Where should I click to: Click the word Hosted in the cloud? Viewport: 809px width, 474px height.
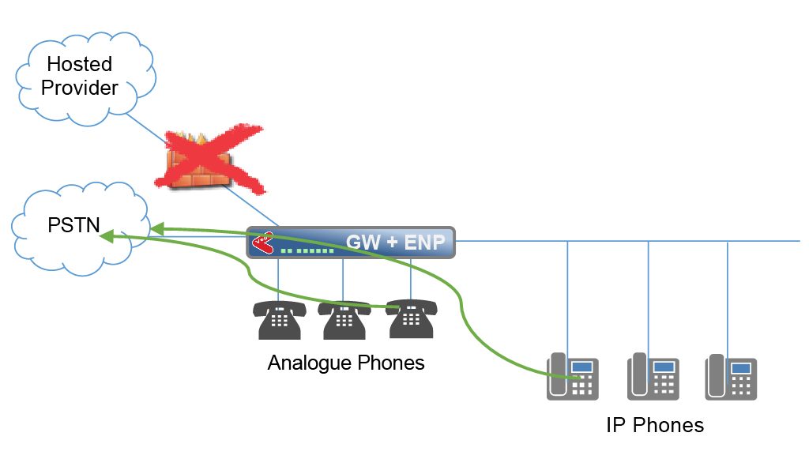[80, 64]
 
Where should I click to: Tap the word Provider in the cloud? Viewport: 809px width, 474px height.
[80, 88]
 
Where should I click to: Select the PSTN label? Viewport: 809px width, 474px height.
[73, 225]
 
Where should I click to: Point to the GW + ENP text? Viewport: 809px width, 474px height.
[395, 242]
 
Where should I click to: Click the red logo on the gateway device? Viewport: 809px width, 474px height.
[263, 243]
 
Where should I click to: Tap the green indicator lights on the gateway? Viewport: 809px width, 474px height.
[307, 251]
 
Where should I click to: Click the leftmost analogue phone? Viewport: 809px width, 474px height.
[280, 320]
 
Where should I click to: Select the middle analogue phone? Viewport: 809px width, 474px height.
[344, 320]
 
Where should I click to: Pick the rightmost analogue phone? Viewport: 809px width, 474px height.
[411, 318]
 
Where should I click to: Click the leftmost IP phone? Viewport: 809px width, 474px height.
[573, 377]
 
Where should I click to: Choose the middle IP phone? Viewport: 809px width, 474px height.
[653, 377]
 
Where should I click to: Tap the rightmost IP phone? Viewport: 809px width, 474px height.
[731, 377]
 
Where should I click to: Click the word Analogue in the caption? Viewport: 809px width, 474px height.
[310, 363]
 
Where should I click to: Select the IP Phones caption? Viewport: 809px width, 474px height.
[655, 425]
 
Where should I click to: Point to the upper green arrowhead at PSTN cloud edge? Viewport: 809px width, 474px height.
[157, 228]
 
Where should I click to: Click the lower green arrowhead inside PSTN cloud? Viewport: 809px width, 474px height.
[107, 236]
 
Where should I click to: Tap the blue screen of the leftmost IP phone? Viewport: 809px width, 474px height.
[582, 367]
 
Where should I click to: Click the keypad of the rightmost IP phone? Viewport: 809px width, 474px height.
[741, 386]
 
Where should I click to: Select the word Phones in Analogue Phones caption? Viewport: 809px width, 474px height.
[391, 363]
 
